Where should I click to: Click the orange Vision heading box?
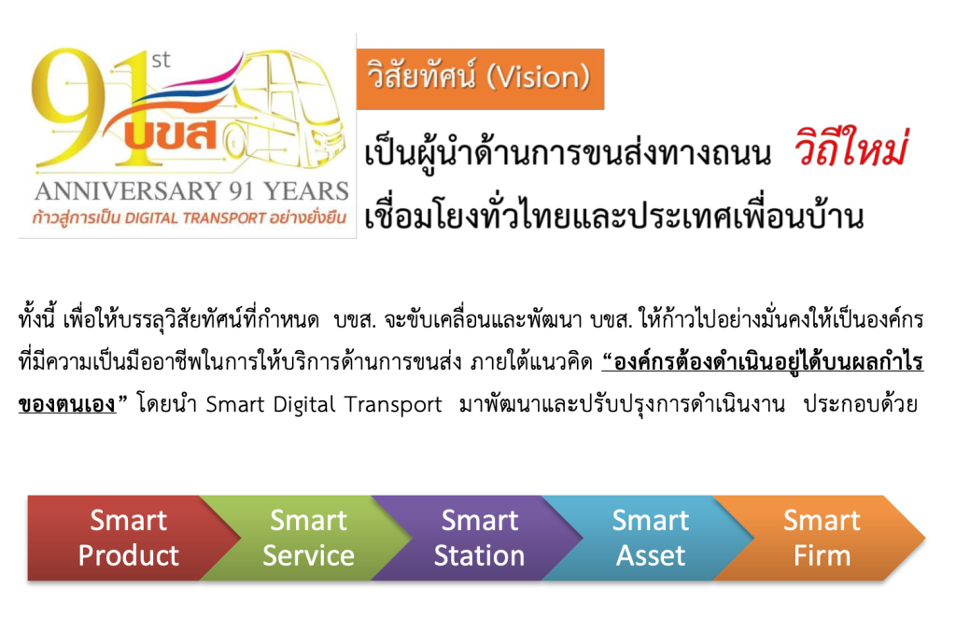click(481, 79)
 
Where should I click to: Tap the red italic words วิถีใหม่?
click(851, 148)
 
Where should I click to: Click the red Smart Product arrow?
click(128, 538)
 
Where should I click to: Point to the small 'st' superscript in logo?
click(161, 60)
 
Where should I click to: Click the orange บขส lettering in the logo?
click(171, 135)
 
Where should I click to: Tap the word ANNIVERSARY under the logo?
click(129, 191)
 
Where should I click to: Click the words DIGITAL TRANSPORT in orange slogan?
click(195, 217)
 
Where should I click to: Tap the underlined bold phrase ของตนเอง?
click(67, 404)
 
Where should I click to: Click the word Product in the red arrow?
click(129, 555)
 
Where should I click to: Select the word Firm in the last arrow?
click(822, 555)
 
